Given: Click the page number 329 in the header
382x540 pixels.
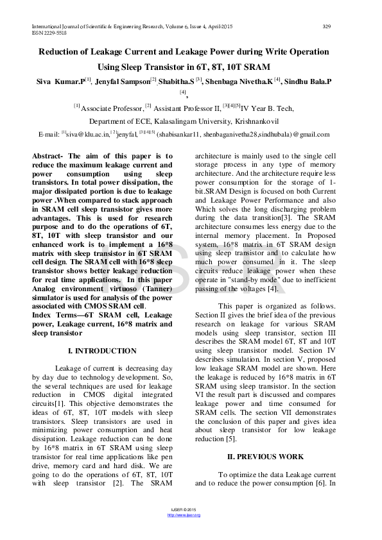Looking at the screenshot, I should coord(326,26).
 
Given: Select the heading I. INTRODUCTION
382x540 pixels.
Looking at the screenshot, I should coord(102,351).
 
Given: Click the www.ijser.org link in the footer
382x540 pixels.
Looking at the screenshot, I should coord(184,515).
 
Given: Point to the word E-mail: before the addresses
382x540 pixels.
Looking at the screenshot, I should coord(49,135).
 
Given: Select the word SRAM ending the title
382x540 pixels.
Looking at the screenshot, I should coord(256,66).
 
